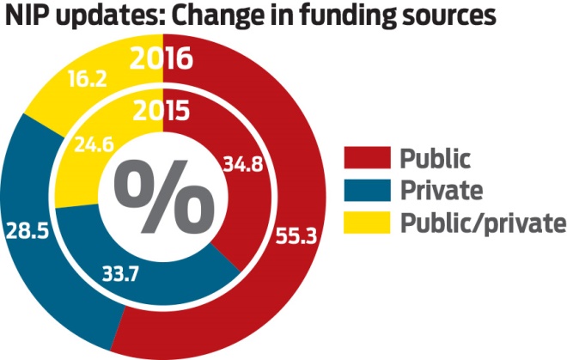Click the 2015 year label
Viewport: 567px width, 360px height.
[162, 112]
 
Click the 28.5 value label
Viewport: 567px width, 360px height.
[25, 233]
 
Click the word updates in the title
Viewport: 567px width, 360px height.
[94, 17]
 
